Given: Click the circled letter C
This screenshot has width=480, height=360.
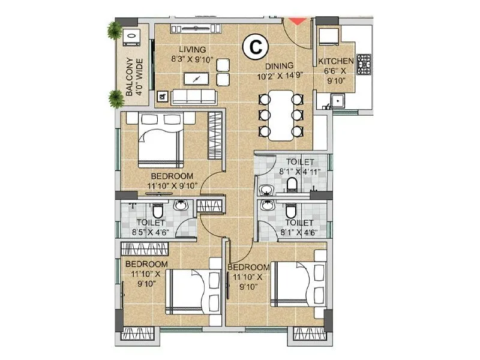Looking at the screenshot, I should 255,46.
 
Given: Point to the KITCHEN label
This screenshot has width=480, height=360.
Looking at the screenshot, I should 335,62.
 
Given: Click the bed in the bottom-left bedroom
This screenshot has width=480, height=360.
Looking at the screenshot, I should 191,291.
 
